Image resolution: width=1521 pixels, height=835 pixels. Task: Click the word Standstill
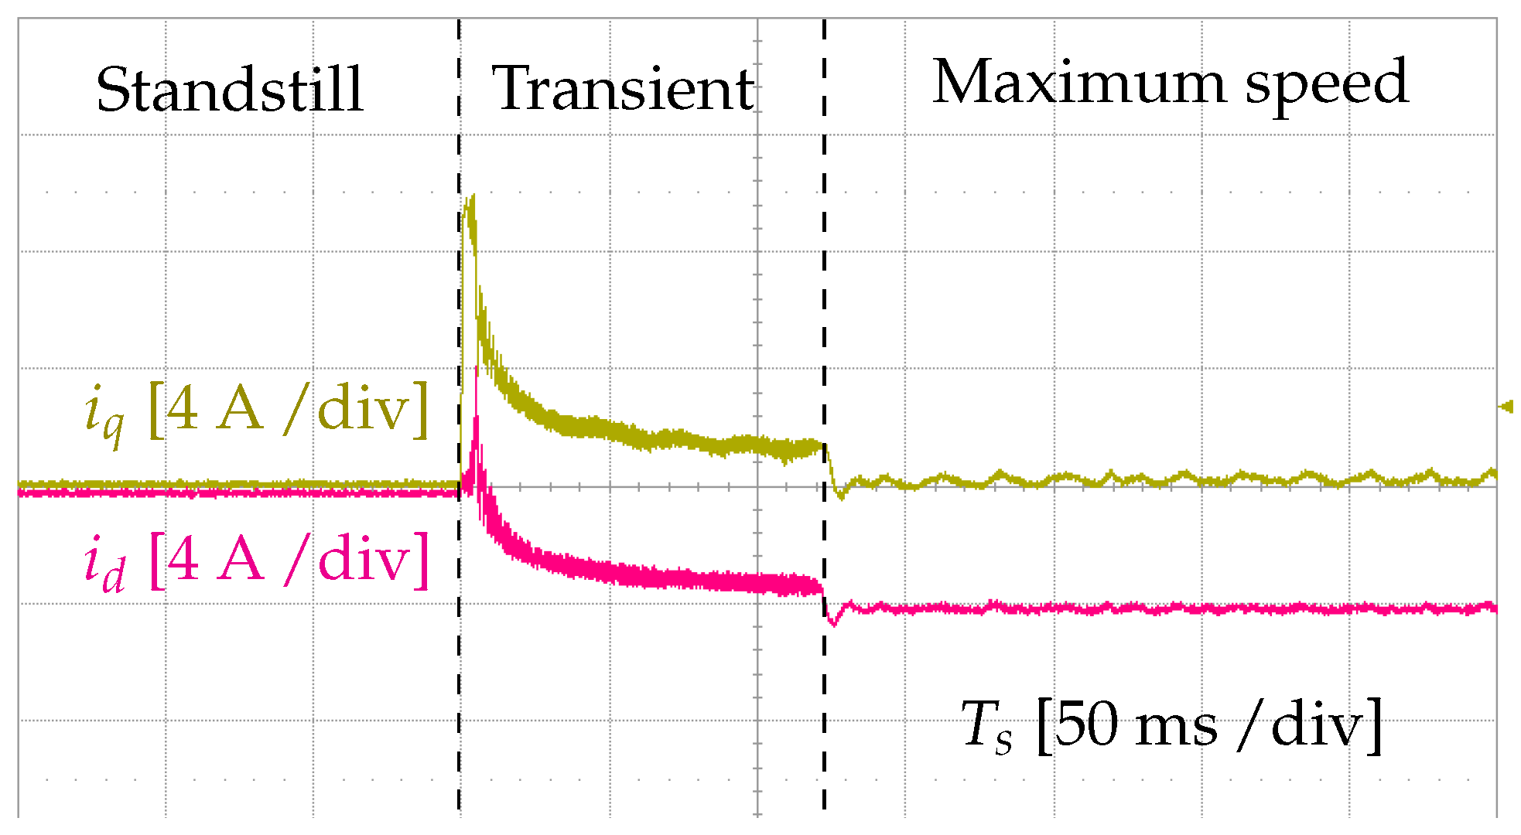(x=230, y=90)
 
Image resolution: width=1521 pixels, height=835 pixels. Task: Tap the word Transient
(x=623, y=88)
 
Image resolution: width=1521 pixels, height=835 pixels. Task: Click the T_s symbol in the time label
(x=986, y=726)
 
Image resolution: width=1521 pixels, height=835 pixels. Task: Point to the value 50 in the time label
(x=1086, y=724)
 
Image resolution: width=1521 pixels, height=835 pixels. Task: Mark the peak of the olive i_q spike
(x=470, y=198)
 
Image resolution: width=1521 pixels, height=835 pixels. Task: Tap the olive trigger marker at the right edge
(x=1506, y=406)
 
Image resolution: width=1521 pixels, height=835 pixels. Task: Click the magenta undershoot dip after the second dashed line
(x=832, y=622)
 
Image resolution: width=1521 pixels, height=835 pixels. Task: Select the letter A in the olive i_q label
(x=240, y=408)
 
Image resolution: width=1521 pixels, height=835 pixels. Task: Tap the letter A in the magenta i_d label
(x=240, y=558)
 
